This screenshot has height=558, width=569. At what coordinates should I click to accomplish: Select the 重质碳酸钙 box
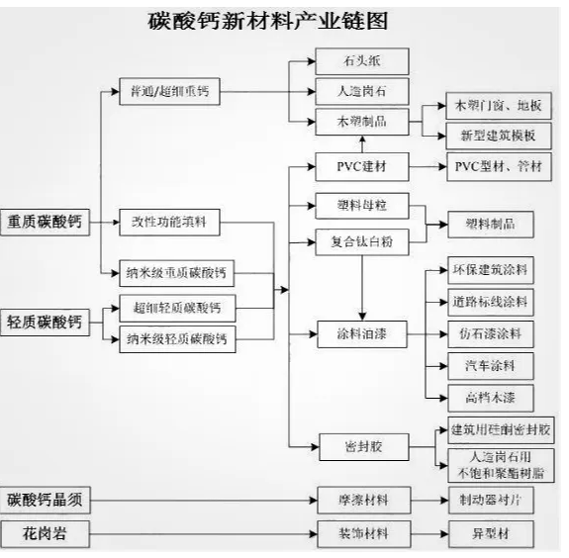[45, 223]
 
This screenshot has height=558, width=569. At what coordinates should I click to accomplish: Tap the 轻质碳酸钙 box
[45, 323]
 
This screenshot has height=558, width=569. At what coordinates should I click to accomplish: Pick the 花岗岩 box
[45, 535]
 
